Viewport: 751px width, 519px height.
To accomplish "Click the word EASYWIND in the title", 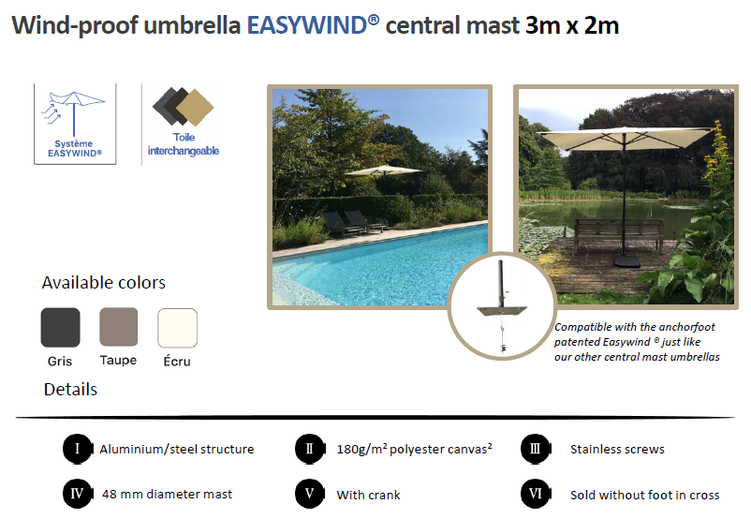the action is (x=307, y=25).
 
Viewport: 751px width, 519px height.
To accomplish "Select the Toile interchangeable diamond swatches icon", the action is (x=183, y=107).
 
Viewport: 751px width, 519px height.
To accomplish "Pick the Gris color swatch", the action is (x=60, y=327).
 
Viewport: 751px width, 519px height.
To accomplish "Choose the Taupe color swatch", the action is (x=118, y=327).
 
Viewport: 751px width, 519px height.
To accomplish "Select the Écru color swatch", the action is (x=177, y=328).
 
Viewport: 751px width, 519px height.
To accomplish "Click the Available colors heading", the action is (x=103, y=283).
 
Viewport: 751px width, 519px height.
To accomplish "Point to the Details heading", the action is (x=70, y=390).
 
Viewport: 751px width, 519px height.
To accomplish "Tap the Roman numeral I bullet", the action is (x=78, y=449).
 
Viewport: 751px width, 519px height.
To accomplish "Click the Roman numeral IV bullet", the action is (x=78, y=494).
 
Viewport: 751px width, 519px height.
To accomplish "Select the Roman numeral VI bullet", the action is (x=536, y=494).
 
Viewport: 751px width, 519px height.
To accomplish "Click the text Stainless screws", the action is (x=617, y=450).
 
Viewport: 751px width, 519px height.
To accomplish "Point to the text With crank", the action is (x=368, y=495).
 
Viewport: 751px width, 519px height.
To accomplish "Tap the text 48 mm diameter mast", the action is (x=167, y=494).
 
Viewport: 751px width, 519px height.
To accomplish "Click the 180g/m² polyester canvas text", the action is (x=414, y=449).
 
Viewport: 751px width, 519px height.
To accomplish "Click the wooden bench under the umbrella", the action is (x=619, y=235).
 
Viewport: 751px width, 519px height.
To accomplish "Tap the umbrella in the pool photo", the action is (x=383, y=171).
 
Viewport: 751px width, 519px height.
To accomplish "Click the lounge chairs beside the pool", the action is (x=354, y=223).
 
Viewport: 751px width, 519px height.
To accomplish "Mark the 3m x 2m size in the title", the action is (x=572, y=25).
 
